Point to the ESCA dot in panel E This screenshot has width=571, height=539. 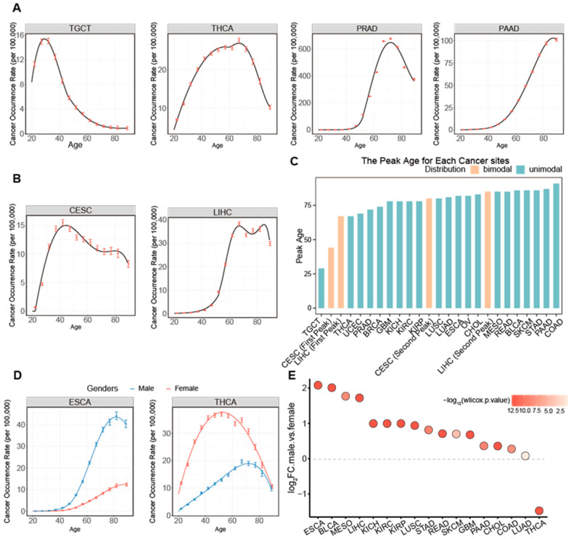click(x=318, y=384)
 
